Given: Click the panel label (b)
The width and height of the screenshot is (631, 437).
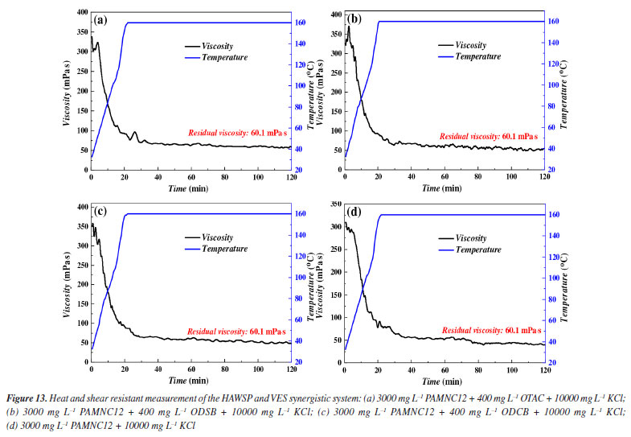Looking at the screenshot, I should coord(354,19).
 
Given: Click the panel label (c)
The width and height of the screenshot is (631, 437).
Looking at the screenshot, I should coord(100,212).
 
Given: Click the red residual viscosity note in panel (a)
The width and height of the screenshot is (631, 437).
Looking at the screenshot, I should coord(238,132).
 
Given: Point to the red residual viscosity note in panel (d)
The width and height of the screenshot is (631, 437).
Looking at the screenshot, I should coord(491,330).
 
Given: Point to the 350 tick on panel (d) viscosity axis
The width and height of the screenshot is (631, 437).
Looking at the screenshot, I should coord(333,207).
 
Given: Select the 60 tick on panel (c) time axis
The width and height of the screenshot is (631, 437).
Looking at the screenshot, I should coord(191,369).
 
